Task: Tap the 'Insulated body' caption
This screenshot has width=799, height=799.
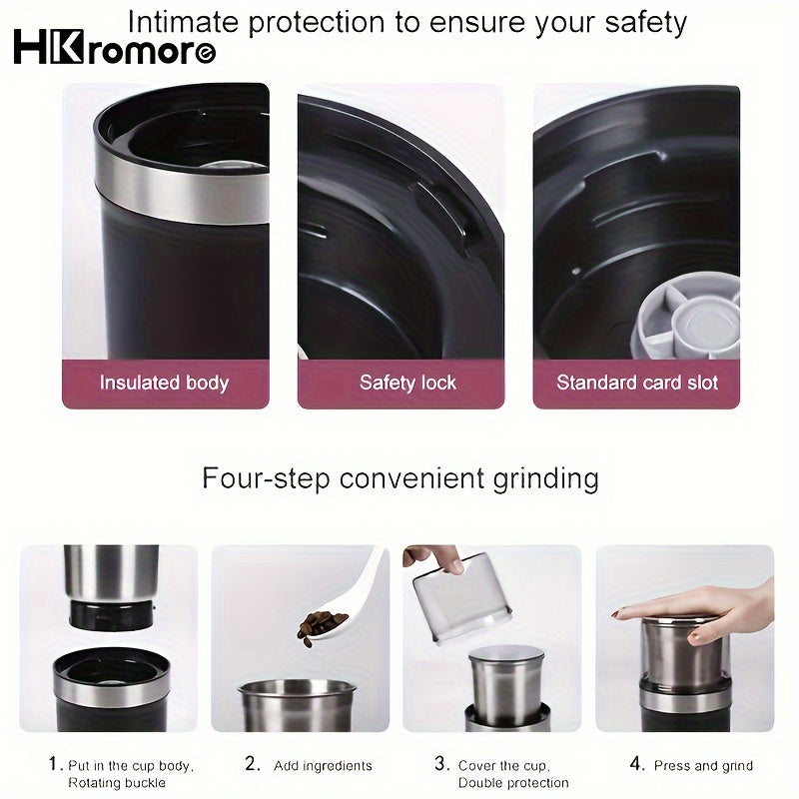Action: [165, 383]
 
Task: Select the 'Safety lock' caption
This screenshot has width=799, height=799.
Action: [407, 383]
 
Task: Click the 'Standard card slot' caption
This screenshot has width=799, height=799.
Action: [637, 383]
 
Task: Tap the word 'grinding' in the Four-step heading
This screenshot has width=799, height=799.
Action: [545, 477]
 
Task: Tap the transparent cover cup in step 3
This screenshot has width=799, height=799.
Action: [454, 599]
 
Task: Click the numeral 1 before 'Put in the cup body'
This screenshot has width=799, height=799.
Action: [54, 764]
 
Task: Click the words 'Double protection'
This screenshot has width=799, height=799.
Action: [513, 783]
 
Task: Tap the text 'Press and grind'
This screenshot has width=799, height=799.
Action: [703, 765]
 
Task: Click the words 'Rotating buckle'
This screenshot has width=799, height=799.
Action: [116, 783]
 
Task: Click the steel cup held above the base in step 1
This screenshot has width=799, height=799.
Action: [111, 574]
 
